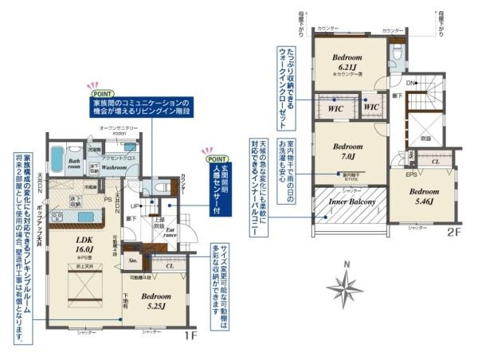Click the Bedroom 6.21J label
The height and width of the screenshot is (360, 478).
tap(347, 62)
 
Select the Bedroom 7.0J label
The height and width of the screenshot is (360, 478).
tap(347, 151)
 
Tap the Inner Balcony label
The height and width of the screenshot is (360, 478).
tap(350, 204)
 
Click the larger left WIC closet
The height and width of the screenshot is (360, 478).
tap(335, 105)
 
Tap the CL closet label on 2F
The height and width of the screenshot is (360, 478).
tap(435, 162)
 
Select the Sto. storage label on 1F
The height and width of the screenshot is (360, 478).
tap(134, 260)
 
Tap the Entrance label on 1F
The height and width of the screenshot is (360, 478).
tap(170, 232)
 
